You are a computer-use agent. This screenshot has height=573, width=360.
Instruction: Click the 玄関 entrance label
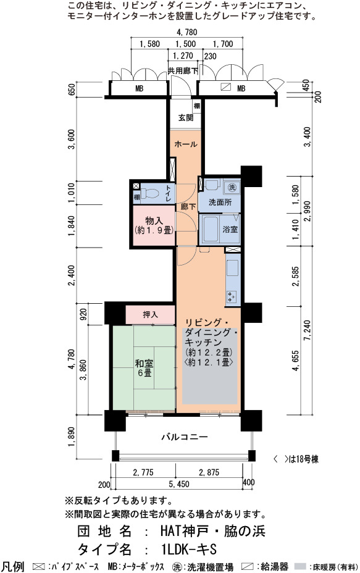pos(186,118)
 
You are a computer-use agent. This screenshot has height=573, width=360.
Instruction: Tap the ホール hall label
pos(186,144)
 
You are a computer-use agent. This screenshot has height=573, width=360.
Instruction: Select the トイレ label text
pos(169,193)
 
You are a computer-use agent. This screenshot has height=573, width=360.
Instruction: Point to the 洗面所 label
pos(220,202)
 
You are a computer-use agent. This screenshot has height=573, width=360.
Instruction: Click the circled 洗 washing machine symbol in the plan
pos(232,188)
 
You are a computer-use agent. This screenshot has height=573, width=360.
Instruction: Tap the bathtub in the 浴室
pos(211,229)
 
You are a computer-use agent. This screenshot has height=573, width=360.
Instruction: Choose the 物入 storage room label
pos(154,225)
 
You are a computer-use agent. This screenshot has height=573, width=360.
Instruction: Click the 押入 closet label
pos(150,315)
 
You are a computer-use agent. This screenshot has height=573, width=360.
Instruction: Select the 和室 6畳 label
pos(144,368)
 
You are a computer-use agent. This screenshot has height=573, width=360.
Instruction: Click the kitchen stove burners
pos(232,296)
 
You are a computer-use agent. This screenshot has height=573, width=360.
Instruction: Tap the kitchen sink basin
pos(232,267)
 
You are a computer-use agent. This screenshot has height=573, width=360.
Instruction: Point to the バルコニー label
pos(185,437)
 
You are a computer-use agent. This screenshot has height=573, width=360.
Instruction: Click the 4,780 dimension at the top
pos(186,33)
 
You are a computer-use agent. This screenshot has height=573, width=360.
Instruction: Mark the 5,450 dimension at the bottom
pos(179,484)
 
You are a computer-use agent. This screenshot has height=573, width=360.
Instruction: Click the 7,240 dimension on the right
pos(307,331)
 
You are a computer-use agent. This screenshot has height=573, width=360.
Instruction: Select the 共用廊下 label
pos(183,70)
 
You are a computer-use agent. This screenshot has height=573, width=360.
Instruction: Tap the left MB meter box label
pos(140,88)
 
